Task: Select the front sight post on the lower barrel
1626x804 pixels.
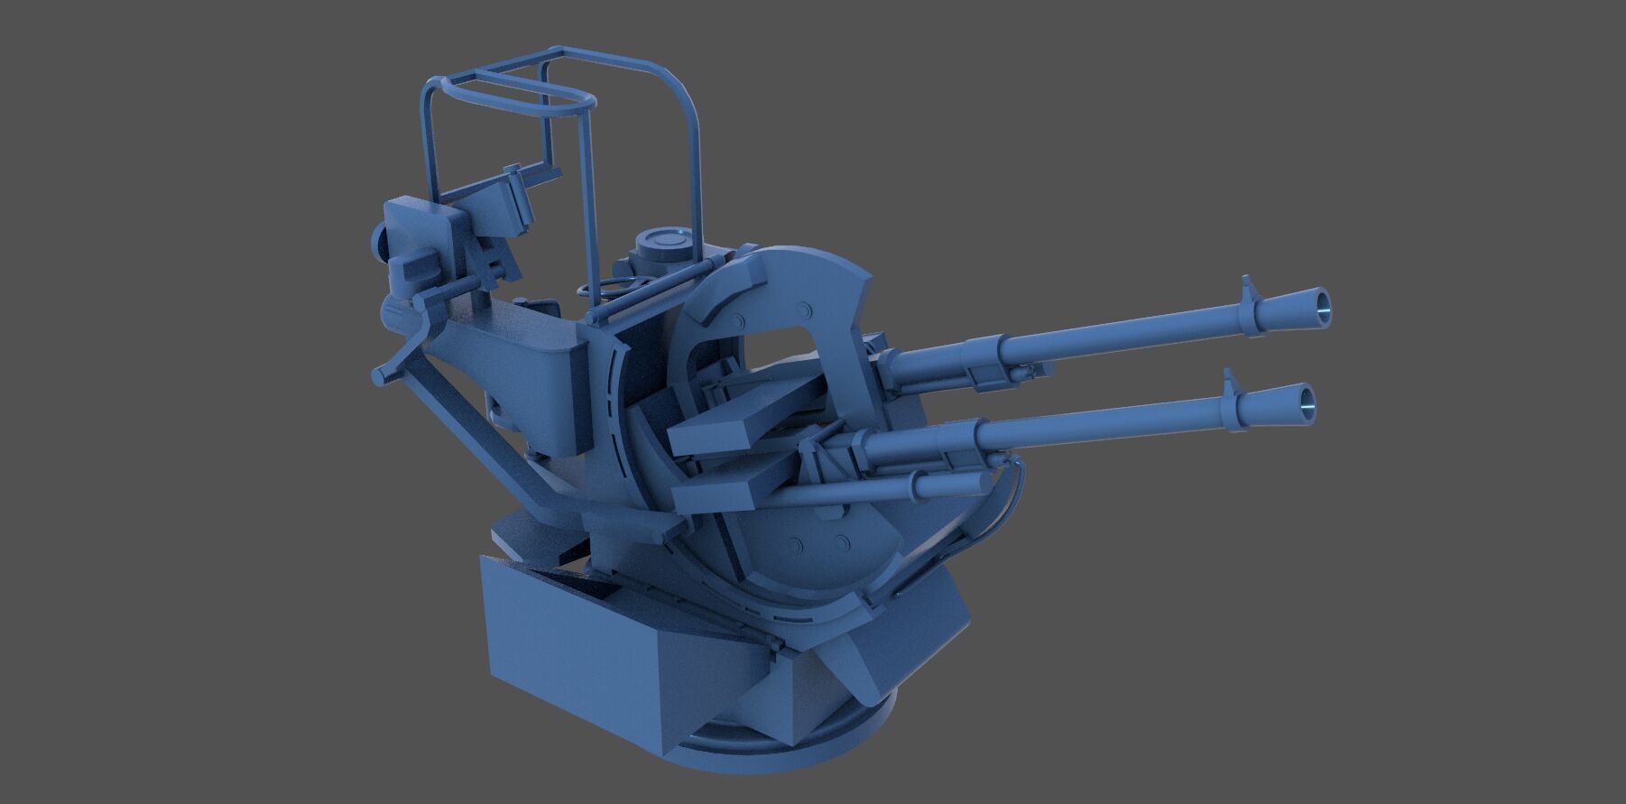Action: (1229, 380)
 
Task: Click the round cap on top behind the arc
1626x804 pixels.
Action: (663, 242)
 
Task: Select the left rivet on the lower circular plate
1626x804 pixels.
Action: (796, 545)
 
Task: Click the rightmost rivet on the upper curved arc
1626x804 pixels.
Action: (804, 309)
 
